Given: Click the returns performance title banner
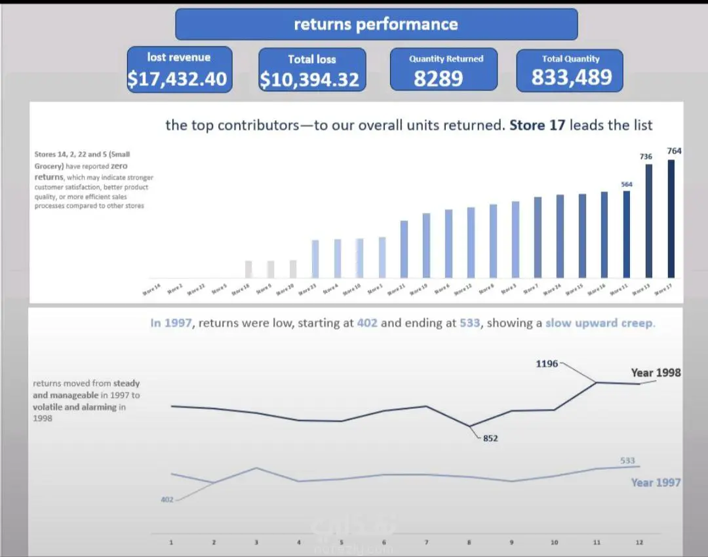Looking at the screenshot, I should pos(376,24).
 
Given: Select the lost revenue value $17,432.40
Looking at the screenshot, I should pos(178,79).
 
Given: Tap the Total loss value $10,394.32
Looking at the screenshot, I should pos(310,80).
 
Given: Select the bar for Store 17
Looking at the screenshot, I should pos(671,219).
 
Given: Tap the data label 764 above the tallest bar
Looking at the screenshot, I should pos(674,151).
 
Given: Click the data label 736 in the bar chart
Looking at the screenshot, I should pos(646,157).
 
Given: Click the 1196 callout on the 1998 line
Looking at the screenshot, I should pos(547,363).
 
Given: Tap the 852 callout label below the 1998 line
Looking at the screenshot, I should pos(490,438).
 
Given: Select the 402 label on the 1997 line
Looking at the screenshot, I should pos(167,500).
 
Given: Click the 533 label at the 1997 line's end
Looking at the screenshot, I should pos(627,461).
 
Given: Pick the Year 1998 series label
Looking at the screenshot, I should pos(656,372).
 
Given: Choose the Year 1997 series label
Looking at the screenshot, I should pos(656,482).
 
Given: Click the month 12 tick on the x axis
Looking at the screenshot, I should pos(639,543).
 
